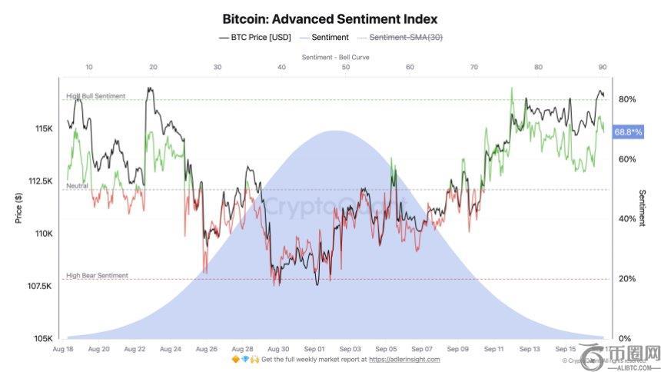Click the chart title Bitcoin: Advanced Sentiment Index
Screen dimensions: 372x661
click(x=330, y=18)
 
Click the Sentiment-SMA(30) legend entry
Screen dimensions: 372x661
click(x=407, y=37)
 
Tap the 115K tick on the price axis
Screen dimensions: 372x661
click(x=43, y=128)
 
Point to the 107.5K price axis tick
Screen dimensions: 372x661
click(x=40, y=286)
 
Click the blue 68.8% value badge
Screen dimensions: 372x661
click(x=626, y=132)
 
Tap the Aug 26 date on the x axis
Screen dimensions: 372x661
click(x=206, y=348)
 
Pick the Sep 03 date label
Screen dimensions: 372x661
click(x=350, y=348)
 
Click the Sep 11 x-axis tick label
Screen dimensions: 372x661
click(x=494, y=348)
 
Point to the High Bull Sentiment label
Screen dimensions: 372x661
click(x=96, y=96)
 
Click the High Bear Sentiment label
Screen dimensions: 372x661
click(x=97, y=275)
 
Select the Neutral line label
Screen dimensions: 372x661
click(x=78, y=186)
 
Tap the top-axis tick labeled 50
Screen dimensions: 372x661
click(x=346, y=68)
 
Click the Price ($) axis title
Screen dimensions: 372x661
click(x=18, y=208)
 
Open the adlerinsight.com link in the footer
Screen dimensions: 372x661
click(x=404, y=359)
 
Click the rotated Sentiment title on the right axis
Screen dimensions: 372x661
click(x=643, y=208)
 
